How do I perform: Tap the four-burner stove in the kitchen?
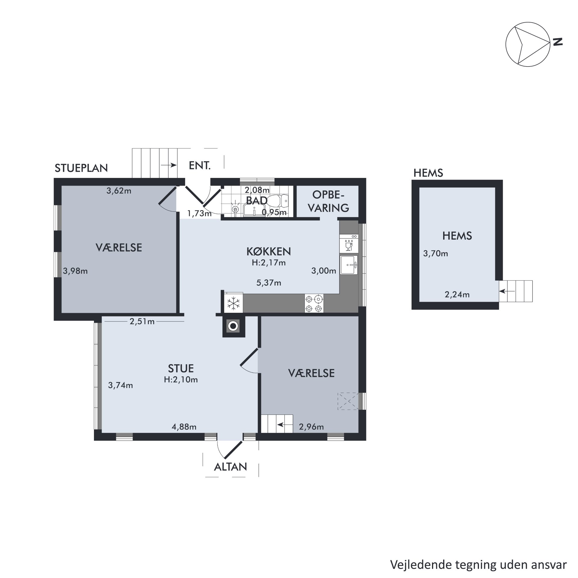tap(314, 303)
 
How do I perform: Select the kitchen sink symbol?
tap(349, 265)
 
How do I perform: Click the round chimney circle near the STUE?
tap(233, 326)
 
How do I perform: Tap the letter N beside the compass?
tap(558, 42)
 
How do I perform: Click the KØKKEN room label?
tap(269, 251)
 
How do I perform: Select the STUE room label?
tap(181, 368)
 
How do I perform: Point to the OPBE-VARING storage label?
tap(328, 201)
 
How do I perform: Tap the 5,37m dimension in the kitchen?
tap(269, 283)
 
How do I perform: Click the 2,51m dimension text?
tap(142, 322)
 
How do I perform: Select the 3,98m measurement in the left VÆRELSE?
tap(75, 271)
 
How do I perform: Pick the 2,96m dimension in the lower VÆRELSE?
tap(311, 427)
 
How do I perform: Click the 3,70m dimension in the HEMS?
tap(436, 254)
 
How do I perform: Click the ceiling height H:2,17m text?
tap(269, 263)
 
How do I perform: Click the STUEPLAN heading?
tap(81, 168)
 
